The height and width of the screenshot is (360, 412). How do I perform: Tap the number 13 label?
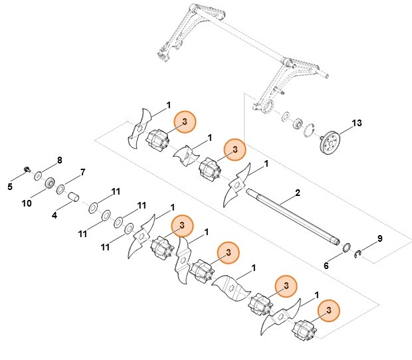pyautogui.click(x=357, y=124)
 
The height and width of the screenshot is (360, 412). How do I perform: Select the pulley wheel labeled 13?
pyautogui.click(x=328, y=141)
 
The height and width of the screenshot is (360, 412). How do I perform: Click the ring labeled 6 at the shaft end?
pyautogui.click(x=346, y=248)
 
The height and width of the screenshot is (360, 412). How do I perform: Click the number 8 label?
pyautogui.click(x=59, y=160)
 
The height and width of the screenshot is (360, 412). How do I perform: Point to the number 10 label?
pyautogui.click(x=27, y=203)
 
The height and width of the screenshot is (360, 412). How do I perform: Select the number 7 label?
pyautogui.click(x=82, y=173)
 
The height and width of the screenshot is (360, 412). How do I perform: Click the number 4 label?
pyautogui.click(x=54, y=215)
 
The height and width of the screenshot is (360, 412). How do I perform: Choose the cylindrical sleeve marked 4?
pyautogui.click(x=74, y=197)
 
